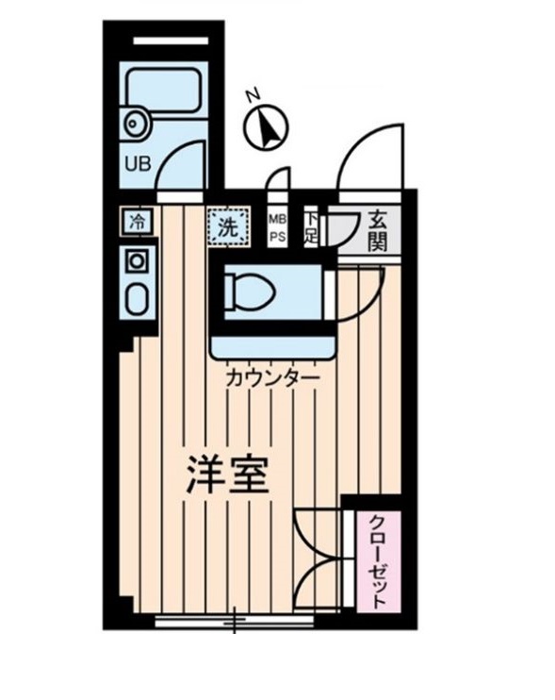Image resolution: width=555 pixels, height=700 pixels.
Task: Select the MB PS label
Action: click(x=278, y=226)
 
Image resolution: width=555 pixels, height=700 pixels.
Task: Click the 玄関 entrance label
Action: click(x=377, y=229)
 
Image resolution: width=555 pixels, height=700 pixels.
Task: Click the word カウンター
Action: click(x=271, y=378)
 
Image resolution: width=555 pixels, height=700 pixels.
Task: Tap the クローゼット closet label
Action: click(x=376, y=561)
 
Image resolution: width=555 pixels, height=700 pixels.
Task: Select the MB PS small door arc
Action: click(x=279, y=180)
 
